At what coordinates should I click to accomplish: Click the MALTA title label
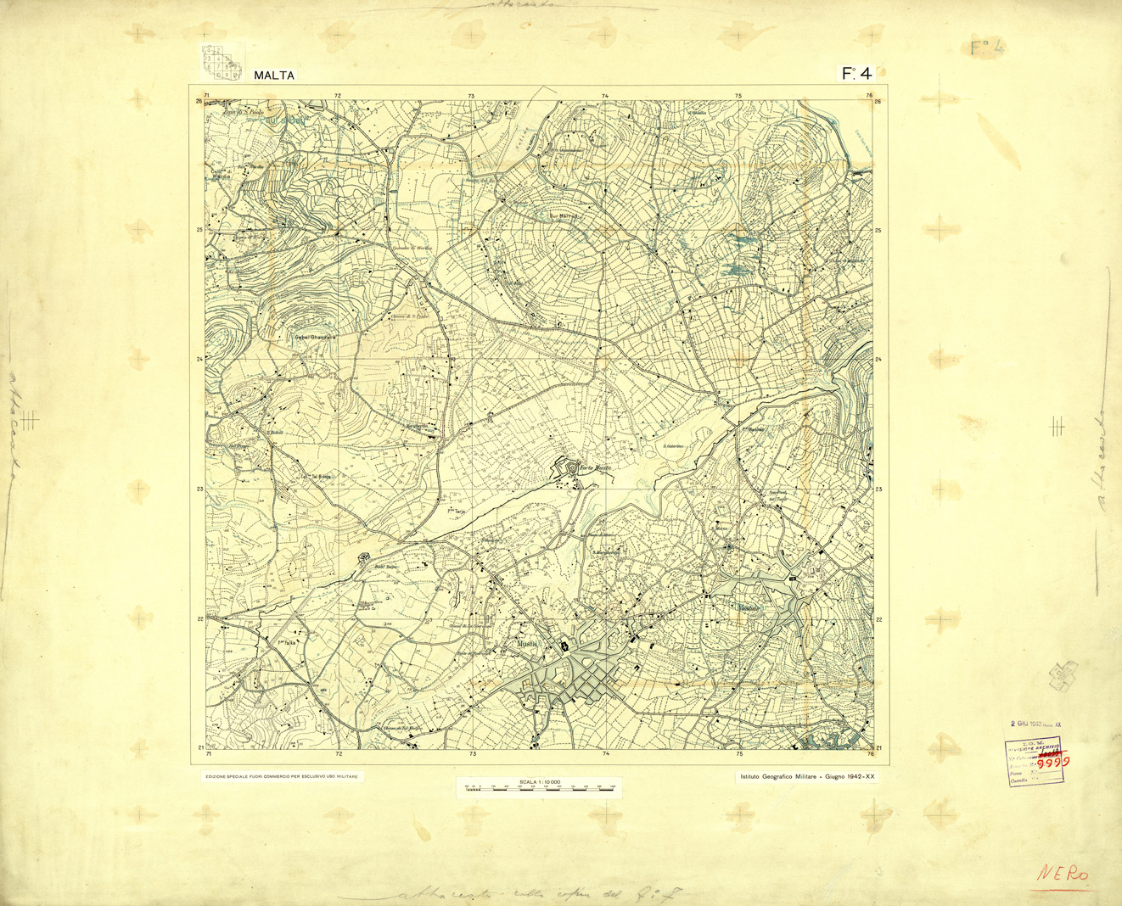click(x=274, y=75)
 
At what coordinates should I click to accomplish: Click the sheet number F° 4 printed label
click(x=856, y=74)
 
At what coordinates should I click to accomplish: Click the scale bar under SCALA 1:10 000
click(x=539, y=788)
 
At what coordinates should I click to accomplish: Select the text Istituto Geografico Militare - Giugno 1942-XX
click(x=807, y=776)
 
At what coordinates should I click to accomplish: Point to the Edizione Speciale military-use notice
click(x=282, y=776)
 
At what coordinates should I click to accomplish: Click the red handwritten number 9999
click(x=1053, y=762)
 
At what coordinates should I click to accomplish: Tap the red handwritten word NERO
click(x=1063, y=874)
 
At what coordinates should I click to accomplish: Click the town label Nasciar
click(x=748, y=608)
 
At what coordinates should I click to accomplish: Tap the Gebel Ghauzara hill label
click(x=315, y=337)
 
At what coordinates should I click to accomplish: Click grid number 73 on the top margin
click(x=471, y=96)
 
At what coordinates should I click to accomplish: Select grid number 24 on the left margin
click(x=199, y=359)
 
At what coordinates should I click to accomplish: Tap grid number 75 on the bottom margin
click(x=739, y=753)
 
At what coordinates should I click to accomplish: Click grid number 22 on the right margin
click(x=878, y=619)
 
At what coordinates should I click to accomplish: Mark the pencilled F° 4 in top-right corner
click(x=987, y=48)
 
